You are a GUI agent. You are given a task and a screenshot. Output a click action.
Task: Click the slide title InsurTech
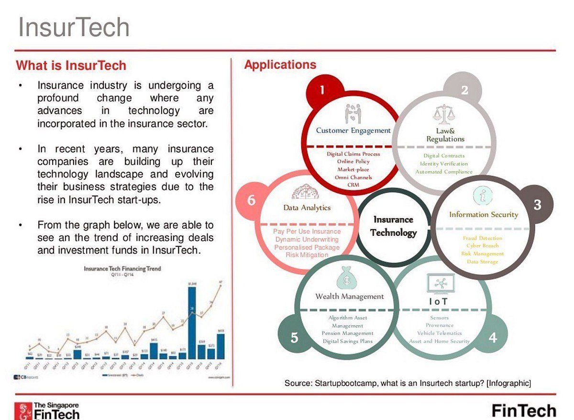(74, 27)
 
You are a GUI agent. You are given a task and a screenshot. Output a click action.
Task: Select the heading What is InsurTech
(71, 65)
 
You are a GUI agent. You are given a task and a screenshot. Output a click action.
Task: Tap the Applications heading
(280, 65)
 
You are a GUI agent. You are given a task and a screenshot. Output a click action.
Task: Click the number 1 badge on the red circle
(322, 90)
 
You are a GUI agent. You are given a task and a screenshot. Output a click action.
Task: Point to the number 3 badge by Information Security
(537, 205)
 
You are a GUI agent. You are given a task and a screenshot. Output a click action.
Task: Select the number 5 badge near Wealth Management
(294, 337)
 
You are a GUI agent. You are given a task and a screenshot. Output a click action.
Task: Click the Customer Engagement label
(353, 130)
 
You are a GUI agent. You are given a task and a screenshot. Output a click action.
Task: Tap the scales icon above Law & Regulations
(444, 114)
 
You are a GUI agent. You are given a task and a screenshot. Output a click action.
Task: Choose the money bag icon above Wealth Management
(347, 277)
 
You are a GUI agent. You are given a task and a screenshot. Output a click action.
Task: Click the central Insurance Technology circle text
(393, 226)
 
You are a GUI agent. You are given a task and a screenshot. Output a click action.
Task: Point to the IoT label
(437, 301)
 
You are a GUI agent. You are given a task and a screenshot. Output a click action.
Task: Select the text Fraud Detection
(482, 238)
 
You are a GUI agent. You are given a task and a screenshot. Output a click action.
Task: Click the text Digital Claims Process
(353, 154)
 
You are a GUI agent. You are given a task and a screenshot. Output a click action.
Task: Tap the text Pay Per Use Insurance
(307, 232)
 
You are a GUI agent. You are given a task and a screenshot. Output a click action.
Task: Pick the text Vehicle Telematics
(439, 333)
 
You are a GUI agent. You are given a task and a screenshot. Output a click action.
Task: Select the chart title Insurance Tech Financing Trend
(122, 269)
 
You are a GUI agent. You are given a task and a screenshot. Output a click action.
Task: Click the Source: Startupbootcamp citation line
(408, 383)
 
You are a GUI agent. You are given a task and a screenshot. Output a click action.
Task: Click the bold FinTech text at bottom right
(524, 410)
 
